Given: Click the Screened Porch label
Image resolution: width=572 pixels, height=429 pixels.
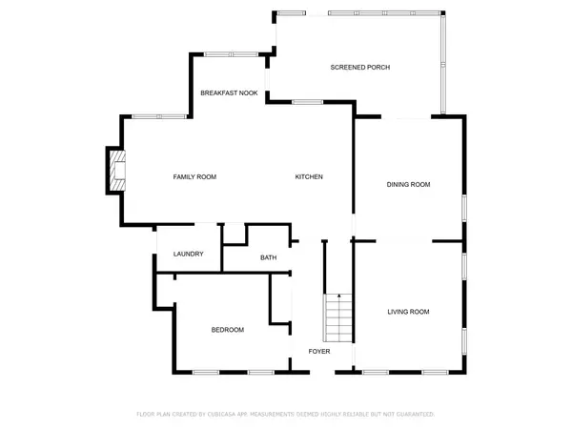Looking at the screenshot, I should click(x=359, y=68).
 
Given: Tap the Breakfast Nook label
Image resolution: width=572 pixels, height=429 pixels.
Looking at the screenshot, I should click(x=229, y=92).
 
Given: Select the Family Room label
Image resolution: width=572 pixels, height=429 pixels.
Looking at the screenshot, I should click(x=194, y=177).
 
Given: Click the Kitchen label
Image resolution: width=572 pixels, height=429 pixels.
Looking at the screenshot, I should click(x=309, y=177).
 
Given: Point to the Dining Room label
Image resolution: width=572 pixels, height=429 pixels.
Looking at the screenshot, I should click(x=408, y=184).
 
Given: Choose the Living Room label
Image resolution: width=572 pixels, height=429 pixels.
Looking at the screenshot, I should click(x=408, y=312).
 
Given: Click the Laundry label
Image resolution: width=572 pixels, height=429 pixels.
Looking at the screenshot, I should click(x=188, y=255).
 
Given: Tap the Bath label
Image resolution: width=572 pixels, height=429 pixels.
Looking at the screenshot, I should click(x=269, y=257).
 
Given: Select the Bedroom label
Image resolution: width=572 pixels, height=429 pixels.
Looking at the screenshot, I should click(x=227, y=330).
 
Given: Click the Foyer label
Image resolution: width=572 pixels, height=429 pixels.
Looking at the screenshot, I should click(x=318, y=352).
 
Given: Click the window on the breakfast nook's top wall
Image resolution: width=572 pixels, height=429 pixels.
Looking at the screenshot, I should click(x=231, y=54).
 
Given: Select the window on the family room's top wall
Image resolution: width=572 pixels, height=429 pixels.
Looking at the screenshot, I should click(x=159, y=116).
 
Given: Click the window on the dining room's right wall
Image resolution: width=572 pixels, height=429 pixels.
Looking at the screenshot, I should click(x=464, y=208).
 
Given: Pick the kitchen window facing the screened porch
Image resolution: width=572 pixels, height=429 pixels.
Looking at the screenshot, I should click(x=307, y=102).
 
